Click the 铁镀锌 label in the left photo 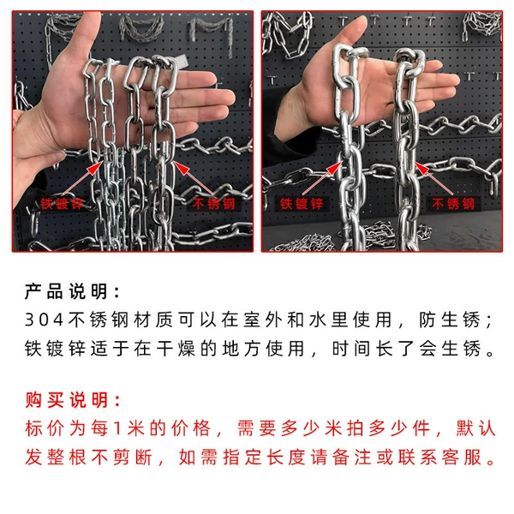62,204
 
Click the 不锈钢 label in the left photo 213,204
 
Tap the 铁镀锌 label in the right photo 302,204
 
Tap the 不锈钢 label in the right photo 453,204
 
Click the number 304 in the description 45,320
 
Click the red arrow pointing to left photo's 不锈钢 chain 194,179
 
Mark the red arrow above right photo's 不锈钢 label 434,179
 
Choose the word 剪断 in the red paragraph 133,457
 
